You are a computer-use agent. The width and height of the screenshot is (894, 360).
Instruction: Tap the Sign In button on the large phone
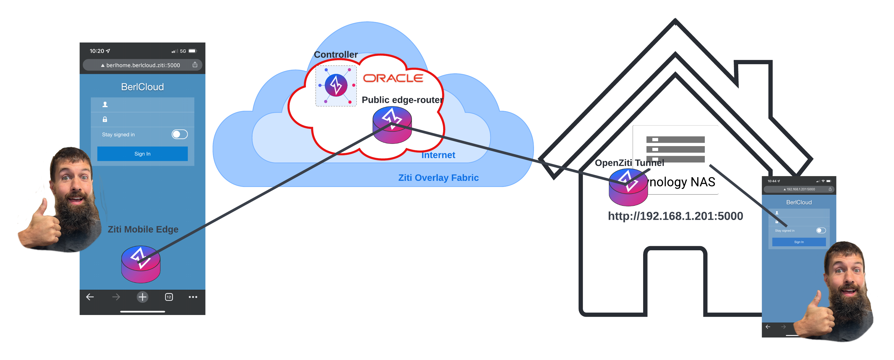tap(142, 154)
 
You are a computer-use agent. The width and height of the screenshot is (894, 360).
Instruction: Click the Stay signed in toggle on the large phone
tap(179, 134)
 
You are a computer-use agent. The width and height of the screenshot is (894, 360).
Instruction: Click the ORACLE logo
tap(393, 78)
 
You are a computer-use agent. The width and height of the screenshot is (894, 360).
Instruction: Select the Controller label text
tap(336, 54)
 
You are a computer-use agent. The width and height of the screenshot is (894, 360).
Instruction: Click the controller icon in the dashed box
tap(336, 85)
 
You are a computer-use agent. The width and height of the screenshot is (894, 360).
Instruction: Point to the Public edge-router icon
tap(392, 125)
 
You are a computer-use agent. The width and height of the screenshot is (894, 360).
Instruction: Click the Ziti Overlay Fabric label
tap(438, 178)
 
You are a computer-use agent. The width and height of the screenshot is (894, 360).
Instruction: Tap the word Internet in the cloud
tap(438, 155)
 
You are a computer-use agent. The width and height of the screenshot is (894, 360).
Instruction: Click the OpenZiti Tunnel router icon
tap(628, 187)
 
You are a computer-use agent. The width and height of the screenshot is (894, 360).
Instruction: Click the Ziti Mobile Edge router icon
tap(141, 264)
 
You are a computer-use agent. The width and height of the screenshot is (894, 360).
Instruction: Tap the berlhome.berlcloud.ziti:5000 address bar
tap(143, 65)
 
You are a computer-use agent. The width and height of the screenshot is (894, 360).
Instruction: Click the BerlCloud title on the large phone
tap(142, 87)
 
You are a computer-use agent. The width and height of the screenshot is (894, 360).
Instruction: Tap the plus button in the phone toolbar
tap(142, 297)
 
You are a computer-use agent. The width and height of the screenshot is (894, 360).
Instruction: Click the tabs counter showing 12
tap(169, 297)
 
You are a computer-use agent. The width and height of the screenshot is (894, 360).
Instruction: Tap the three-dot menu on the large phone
tap(193, 297)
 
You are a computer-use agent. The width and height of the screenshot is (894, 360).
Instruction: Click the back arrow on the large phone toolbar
tap(90, 297)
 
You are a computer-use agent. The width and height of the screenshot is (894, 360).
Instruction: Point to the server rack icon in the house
tap(675, 149)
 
